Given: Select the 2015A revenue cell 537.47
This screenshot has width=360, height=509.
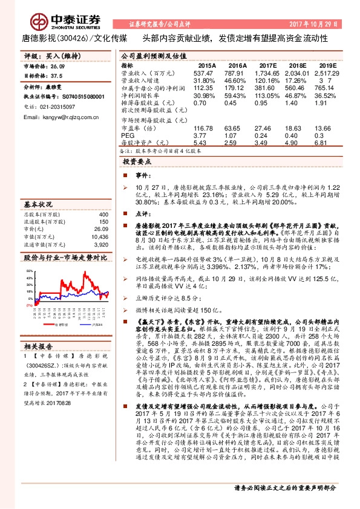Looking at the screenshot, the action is [203, 73].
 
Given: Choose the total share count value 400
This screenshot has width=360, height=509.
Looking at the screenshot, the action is [103, 215].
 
